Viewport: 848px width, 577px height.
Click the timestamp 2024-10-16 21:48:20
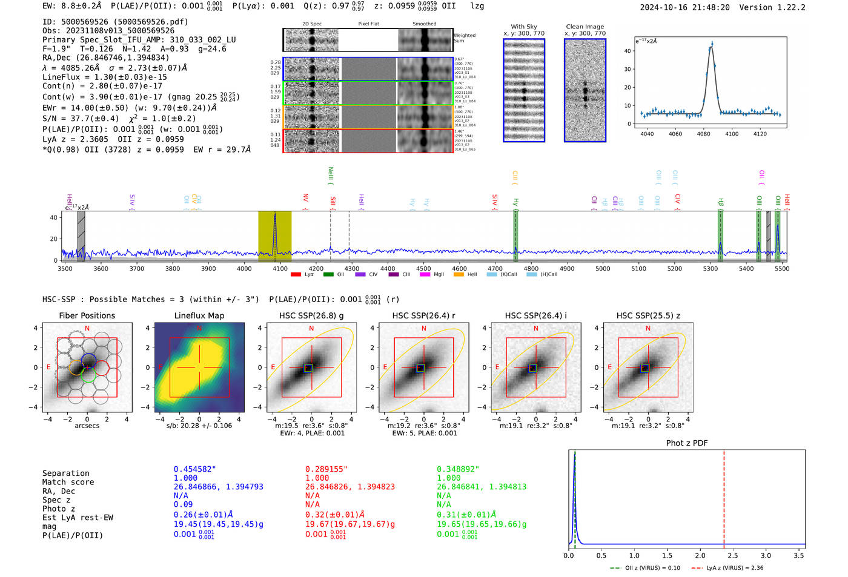click(684, 7)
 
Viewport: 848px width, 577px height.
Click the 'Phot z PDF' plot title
click(687, 443)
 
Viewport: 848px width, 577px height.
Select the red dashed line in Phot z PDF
click(724, 496)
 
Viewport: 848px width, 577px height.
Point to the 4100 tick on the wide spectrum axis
click(280, 268)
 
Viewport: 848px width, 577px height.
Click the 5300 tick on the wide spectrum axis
click(711, 268)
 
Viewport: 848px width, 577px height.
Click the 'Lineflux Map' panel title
click(199, 315)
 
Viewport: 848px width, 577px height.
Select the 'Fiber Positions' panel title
click(87, 315)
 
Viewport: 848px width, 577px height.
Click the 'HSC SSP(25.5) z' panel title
click(648, 315)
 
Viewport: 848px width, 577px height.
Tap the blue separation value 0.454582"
click(194, 469)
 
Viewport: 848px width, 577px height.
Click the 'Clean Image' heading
click(585, 27)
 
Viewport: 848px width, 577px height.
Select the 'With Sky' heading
click(524, 27)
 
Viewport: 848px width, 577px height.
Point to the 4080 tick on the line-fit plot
click(703, 134)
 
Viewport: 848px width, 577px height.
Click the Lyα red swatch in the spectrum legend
click(296, 274)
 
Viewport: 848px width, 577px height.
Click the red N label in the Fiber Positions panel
click(87, 328)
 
